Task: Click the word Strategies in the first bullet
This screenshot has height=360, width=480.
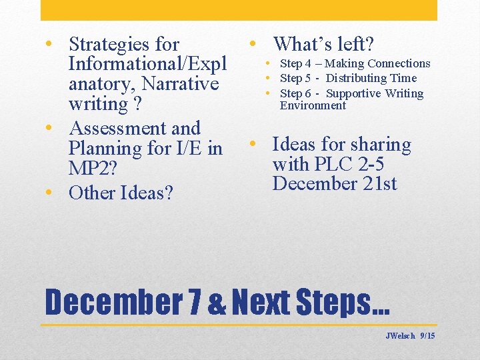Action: pyautogui.click(x=111, y=45)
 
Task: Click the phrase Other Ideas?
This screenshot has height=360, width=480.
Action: pyautogui.click(x=121, y=193)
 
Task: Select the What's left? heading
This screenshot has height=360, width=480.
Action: pyautogui.click(x=323, y=44)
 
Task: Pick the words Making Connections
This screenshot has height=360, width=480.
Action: pyautogui.click(x=377, y=63)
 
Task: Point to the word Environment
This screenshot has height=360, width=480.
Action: pyautogui.click(x=313, y=105)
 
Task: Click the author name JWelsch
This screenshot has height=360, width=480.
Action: pyautogui.click(x=400, y=336)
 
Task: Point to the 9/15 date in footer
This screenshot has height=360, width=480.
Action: pyautogui.click(x=427, y=336)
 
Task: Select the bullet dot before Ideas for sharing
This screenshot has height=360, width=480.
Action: pyautogui.click(x=253, y=144)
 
